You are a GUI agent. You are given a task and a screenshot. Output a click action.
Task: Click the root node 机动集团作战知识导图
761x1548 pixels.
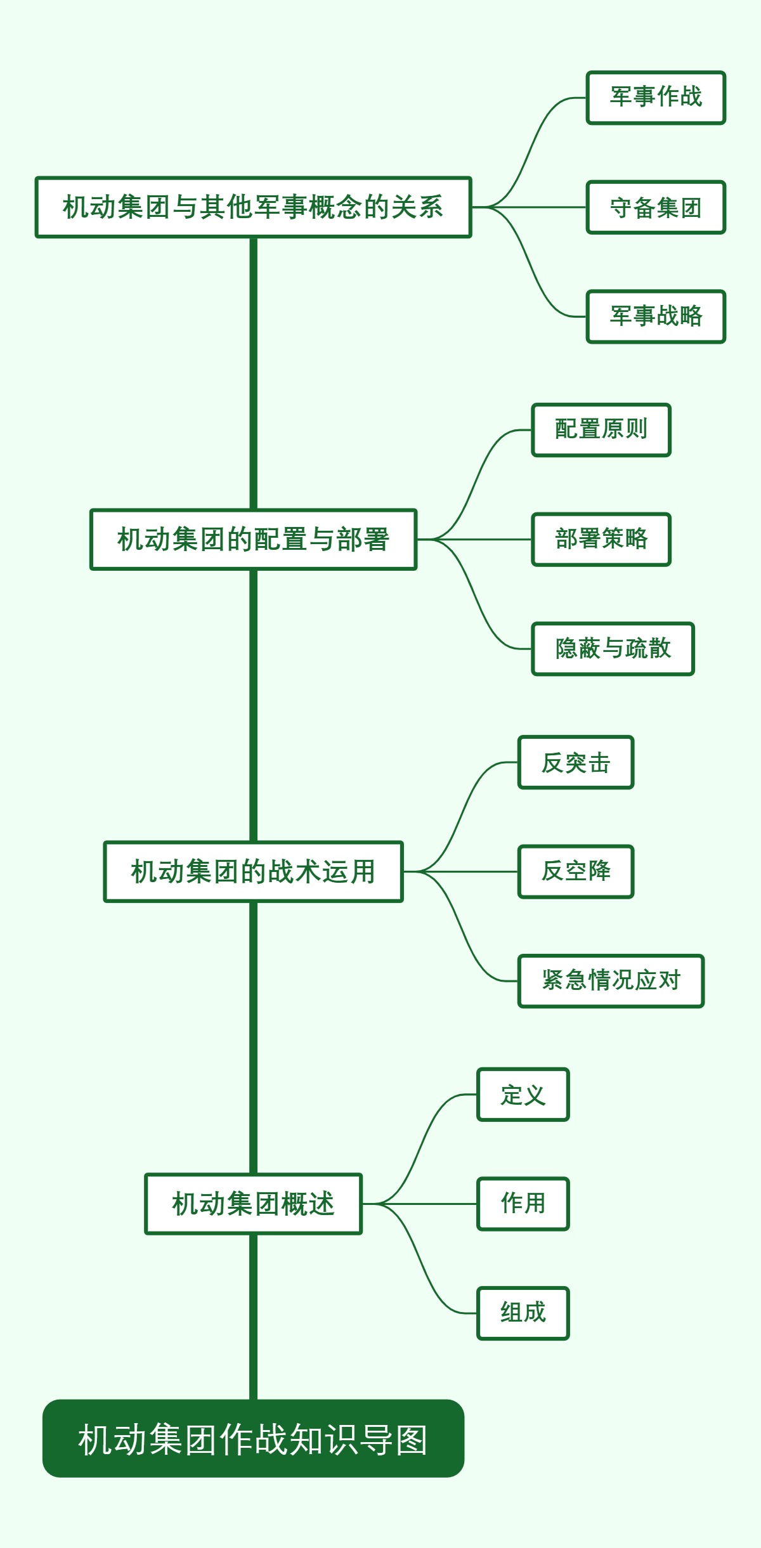click(253, 1438)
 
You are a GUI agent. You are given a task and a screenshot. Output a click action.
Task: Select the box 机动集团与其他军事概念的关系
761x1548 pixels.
click(253, 207)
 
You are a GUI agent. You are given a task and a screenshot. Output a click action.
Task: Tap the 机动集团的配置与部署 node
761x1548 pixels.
click(253, 540)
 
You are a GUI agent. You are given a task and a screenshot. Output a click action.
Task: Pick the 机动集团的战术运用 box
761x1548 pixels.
click(253, 871)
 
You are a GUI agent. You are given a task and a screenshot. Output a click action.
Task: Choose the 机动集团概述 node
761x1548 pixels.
click(253, 1204)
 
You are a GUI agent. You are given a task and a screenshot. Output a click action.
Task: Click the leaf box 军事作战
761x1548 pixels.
click(656, 98)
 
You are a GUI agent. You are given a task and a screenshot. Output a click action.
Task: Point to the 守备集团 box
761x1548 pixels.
click(656, 207)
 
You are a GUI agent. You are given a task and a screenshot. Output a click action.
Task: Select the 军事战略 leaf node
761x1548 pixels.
click(656, 316)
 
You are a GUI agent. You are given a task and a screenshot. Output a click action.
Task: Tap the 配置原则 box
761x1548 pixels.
click(601, 430)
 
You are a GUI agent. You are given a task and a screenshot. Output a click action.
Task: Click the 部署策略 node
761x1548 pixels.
click(601, 540)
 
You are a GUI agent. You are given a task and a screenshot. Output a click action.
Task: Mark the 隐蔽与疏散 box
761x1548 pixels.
click(613, 649)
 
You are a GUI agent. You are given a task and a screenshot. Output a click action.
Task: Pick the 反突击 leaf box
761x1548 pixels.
click(575, 762)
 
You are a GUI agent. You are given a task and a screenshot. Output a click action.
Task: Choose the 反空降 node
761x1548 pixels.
click(575, 871)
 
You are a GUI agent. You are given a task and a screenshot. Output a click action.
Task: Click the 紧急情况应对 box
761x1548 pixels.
click(611, 981)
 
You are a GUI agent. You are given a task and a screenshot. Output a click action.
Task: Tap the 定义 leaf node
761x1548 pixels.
click(523, 1095)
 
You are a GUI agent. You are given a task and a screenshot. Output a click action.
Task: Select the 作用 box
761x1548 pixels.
click(523, 1204)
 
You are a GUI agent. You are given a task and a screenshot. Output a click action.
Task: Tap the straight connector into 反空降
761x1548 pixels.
click(469, 872)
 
